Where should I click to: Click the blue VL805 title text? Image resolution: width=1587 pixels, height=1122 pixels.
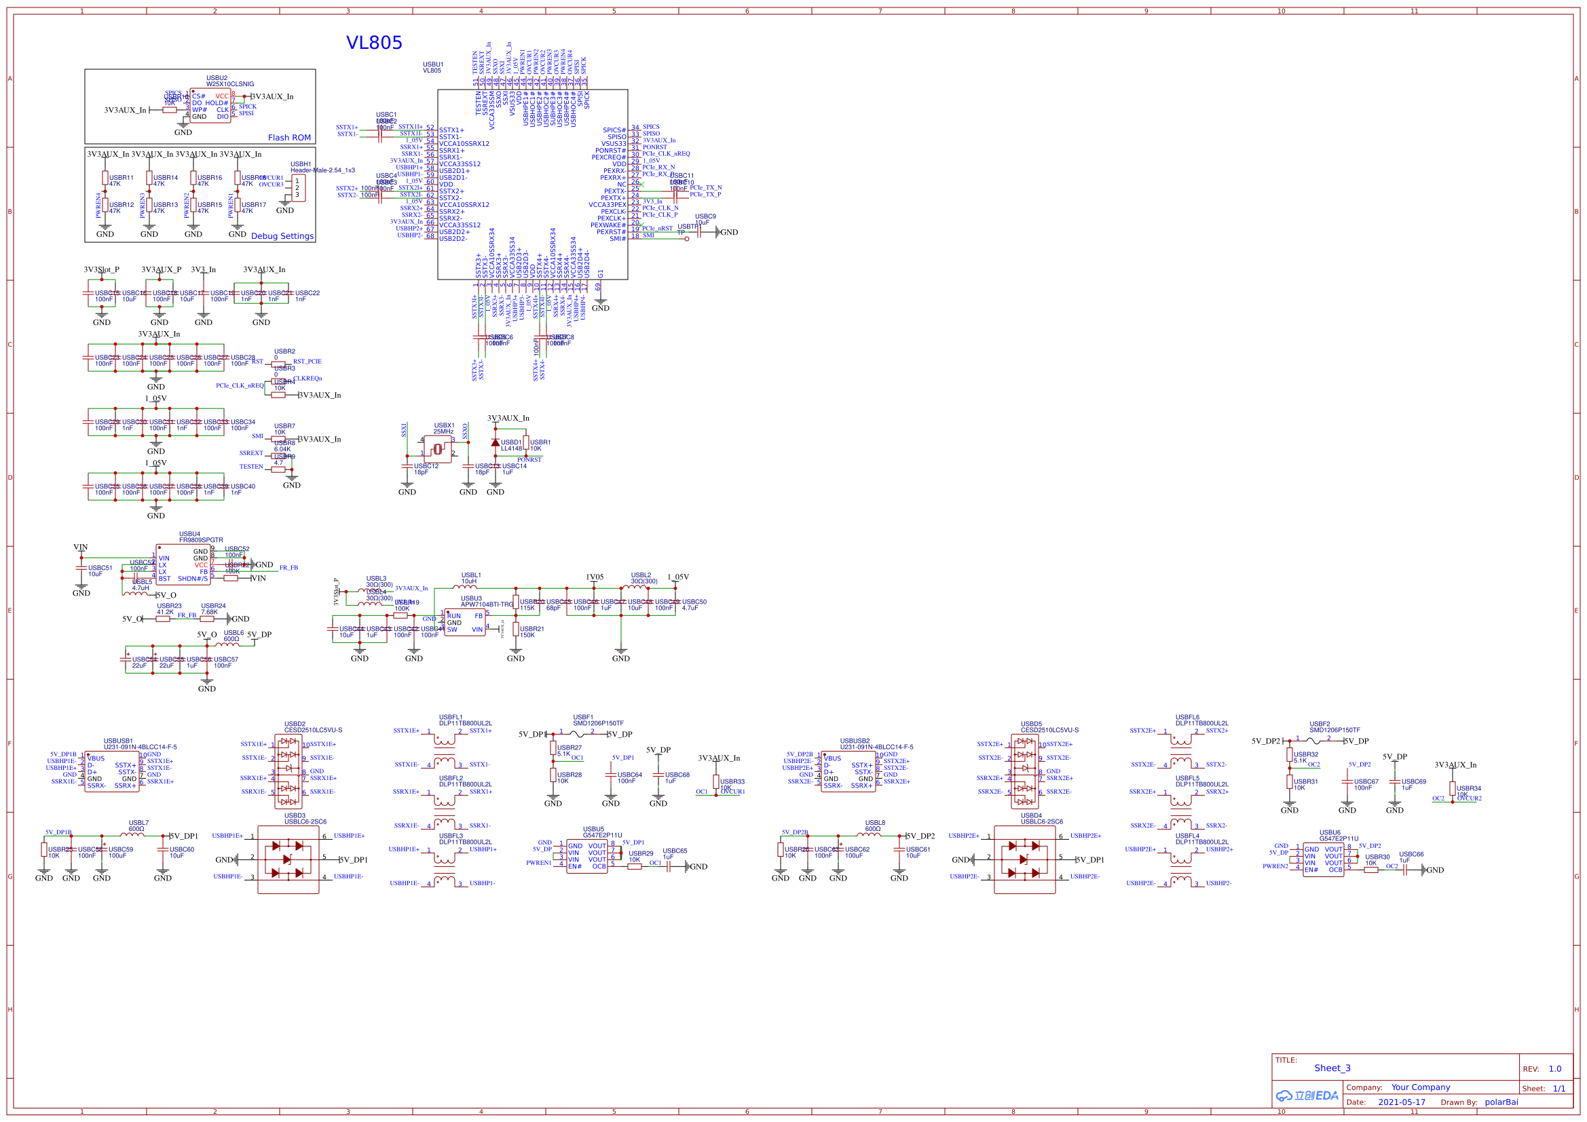374,43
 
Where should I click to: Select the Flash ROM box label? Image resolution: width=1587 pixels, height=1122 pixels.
289,138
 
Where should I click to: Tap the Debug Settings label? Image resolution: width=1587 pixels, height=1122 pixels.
282,236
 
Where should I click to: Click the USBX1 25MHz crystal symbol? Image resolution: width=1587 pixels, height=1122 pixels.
438,450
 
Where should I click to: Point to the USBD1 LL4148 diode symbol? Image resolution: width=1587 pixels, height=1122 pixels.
495,443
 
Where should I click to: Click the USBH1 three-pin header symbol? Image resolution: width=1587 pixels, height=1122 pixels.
298,188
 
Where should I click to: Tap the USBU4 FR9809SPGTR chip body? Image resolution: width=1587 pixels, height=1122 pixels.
183,564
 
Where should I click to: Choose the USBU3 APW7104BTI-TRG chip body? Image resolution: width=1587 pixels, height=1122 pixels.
464,623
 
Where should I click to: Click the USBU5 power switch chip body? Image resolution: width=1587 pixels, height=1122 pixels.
587,856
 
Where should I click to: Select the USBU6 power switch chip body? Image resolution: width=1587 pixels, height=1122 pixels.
1323,859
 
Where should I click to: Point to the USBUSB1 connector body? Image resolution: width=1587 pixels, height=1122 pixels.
111,773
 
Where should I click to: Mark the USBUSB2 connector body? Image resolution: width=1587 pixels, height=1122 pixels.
847,773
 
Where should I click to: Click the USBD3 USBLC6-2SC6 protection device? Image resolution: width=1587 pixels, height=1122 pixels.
288,859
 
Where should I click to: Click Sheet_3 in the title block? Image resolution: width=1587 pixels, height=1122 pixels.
1332,1068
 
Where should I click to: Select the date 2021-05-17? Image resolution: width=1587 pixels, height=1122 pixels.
1401,1102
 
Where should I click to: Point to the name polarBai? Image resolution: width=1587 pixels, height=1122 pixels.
1501,1102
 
